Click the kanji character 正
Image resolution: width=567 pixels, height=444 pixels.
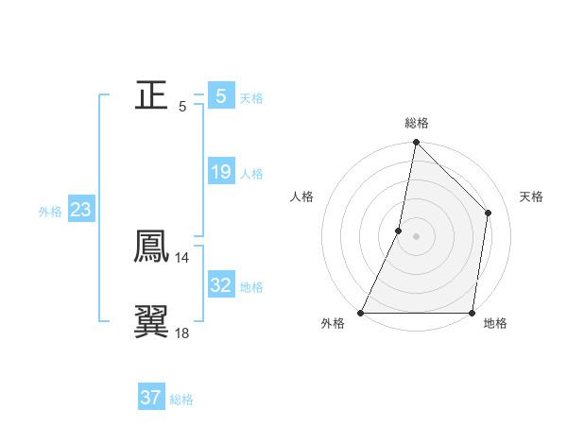coord(151,94)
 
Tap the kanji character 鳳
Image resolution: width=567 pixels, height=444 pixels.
coord(151,246)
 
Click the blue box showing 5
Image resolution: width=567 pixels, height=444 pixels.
coord(220,95)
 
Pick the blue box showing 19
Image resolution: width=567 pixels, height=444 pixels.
coord(220,172)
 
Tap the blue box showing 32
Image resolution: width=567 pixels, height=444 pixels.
coord(220,284)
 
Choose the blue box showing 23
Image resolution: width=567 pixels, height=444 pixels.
coord(80,210)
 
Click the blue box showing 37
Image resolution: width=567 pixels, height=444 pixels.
coord(150,398)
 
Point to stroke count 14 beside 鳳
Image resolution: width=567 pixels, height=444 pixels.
coord(181,257)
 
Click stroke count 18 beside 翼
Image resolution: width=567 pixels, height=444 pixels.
coord(181,333)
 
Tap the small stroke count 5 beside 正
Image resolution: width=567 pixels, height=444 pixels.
coord(182,106)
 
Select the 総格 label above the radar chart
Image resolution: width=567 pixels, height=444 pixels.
coord(417,123)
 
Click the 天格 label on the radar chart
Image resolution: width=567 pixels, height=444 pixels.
coord(531,196)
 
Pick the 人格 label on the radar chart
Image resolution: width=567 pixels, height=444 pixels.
coord(301,196)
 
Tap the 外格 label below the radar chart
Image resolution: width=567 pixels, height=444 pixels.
coord(333,324)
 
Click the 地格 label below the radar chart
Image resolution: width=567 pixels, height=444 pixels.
coord(495,324)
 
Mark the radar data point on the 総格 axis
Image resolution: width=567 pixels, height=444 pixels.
coord(416,143)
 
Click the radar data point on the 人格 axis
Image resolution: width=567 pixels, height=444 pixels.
coord(399,231)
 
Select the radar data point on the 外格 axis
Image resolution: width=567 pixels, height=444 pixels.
coord(361,313)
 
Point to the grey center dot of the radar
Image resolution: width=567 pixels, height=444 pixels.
coord(416,236)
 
